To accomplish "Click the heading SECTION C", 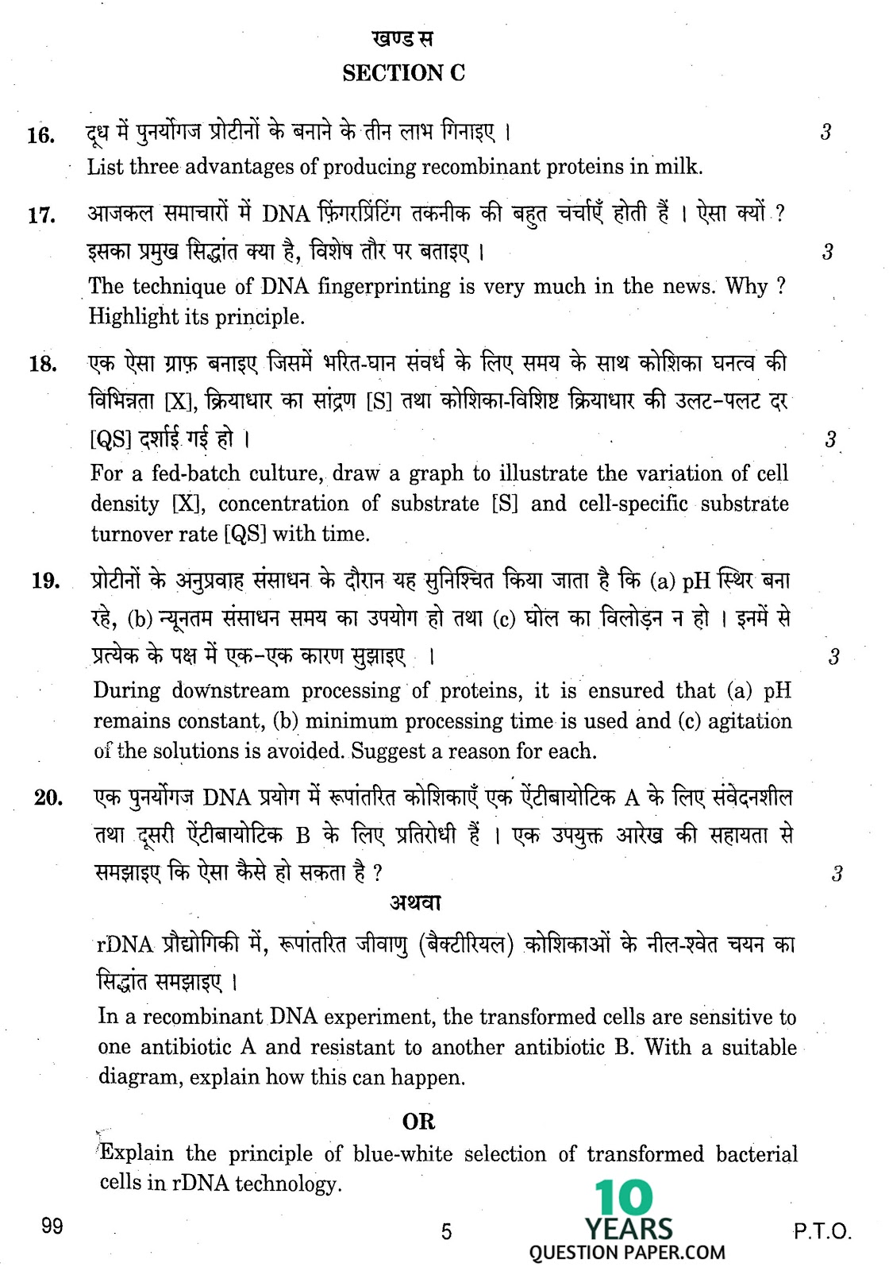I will [403, 73].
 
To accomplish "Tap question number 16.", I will [40, 136].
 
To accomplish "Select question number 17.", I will [41, 215].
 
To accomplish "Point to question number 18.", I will [43, 365].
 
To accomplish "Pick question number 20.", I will [48, 798].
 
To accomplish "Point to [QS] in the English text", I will [244, 534].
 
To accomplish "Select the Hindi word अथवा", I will [415, 903].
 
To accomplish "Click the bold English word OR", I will [418, 1122].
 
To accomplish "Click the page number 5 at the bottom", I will [446, 1231].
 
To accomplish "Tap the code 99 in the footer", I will [52, 1226].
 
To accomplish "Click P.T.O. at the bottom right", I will [822, 1232].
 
